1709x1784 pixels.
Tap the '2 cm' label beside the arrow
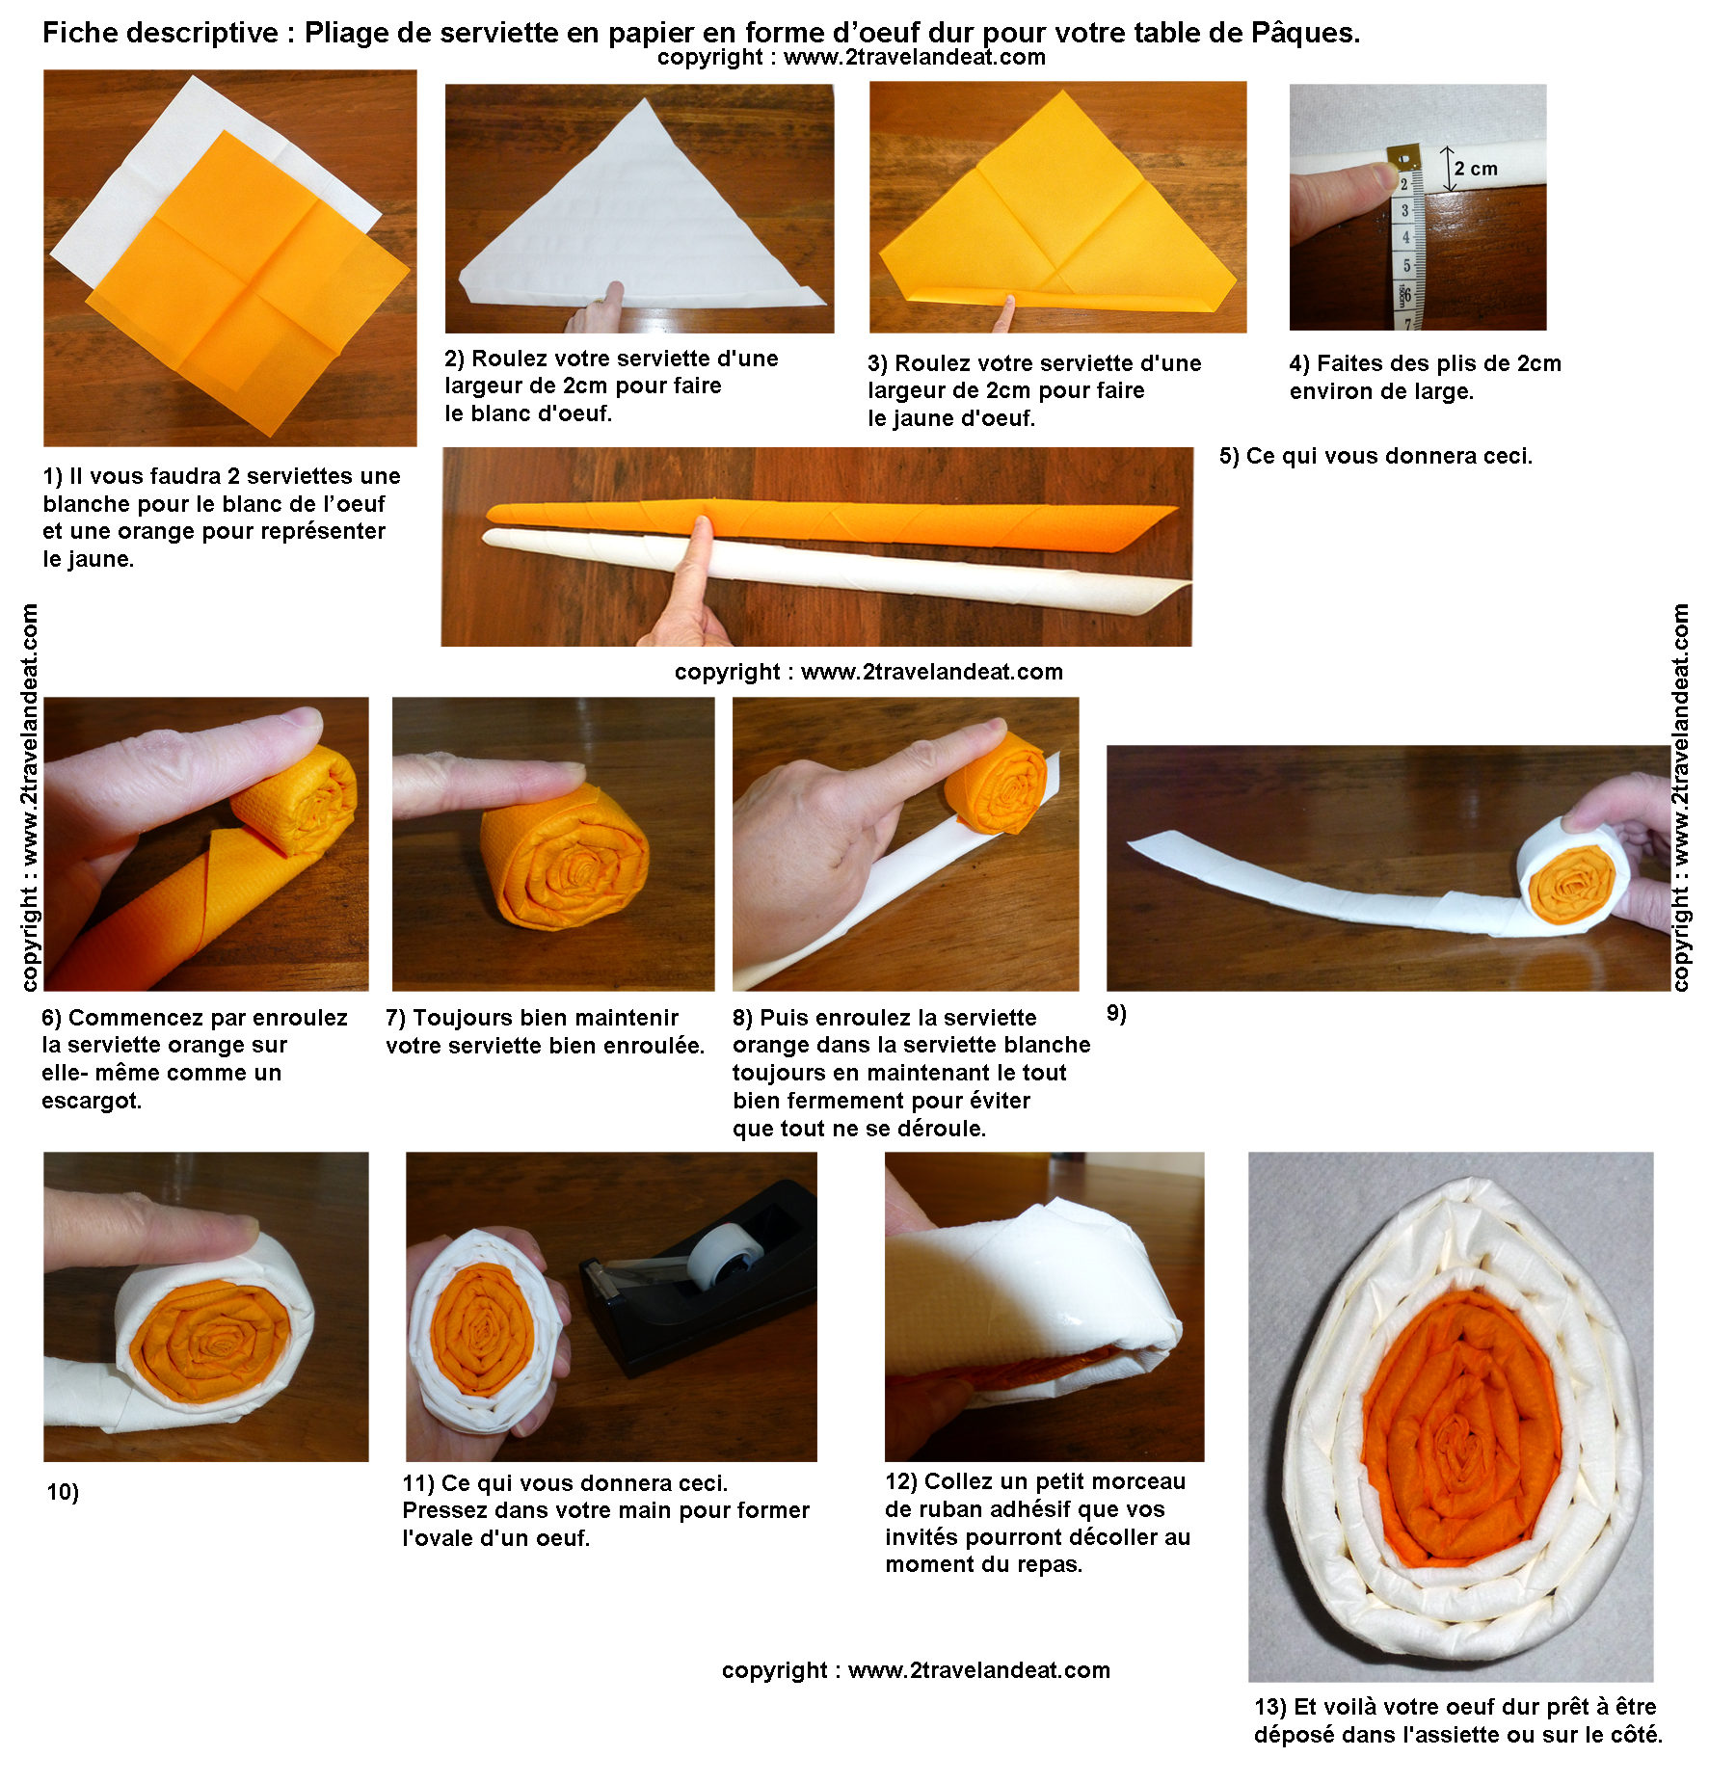1476,169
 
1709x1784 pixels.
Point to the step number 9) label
1116,1013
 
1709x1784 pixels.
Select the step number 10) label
63,1492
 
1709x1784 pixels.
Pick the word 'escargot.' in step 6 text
92,1101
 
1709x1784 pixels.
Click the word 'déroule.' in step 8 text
940,1129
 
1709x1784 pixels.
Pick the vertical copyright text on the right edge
1681,797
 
